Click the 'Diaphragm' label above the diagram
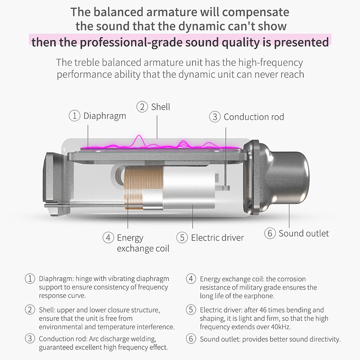(x=105, y=116)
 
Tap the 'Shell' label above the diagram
(x=161, y=107)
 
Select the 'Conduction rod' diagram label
(x=254, y=117)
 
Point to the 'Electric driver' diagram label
(x=217, y=238)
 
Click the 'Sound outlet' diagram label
(x=303, y=234)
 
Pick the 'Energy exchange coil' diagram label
(x=143, y=243)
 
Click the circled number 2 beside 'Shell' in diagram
(x=142, y=107)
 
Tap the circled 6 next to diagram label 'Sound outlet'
(x=270, y=233)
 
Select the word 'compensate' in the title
(x=255, y=12)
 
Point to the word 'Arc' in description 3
(x=94, y=339)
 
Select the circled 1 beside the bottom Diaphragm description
(x=30, y=279)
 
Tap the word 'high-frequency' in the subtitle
(x=271, y=63)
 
